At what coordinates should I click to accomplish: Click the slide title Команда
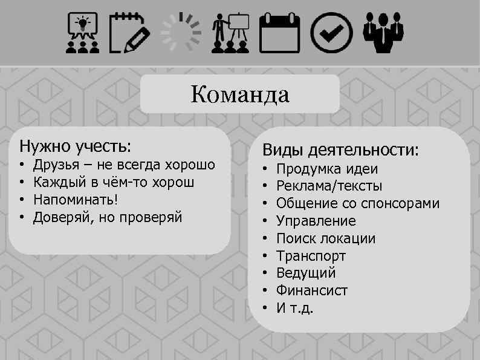pos(240,95)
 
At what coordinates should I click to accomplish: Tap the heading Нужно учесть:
pos(76,146)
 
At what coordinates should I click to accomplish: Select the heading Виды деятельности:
pos(340,150)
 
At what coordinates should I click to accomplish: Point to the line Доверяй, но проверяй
pos(107,217)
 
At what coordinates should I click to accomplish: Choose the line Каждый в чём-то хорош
pos(114,182)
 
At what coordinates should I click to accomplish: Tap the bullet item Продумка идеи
pos(327,169)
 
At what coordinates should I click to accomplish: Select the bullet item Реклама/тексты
pos(329,186)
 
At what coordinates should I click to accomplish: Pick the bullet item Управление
pos(316,221)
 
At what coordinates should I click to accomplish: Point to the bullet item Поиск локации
pos(326,238)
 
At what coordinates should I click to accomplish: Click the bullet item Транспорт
pos(311,256)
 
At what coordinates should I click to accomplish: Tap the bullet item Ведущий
pos(306,273)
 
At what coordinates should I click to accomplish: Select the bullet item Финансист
pos(312,290)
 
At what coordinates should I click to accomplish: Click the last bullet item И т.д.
pos(295,308)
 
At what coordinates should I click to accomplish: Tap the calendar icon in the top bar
pos(279,33)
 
